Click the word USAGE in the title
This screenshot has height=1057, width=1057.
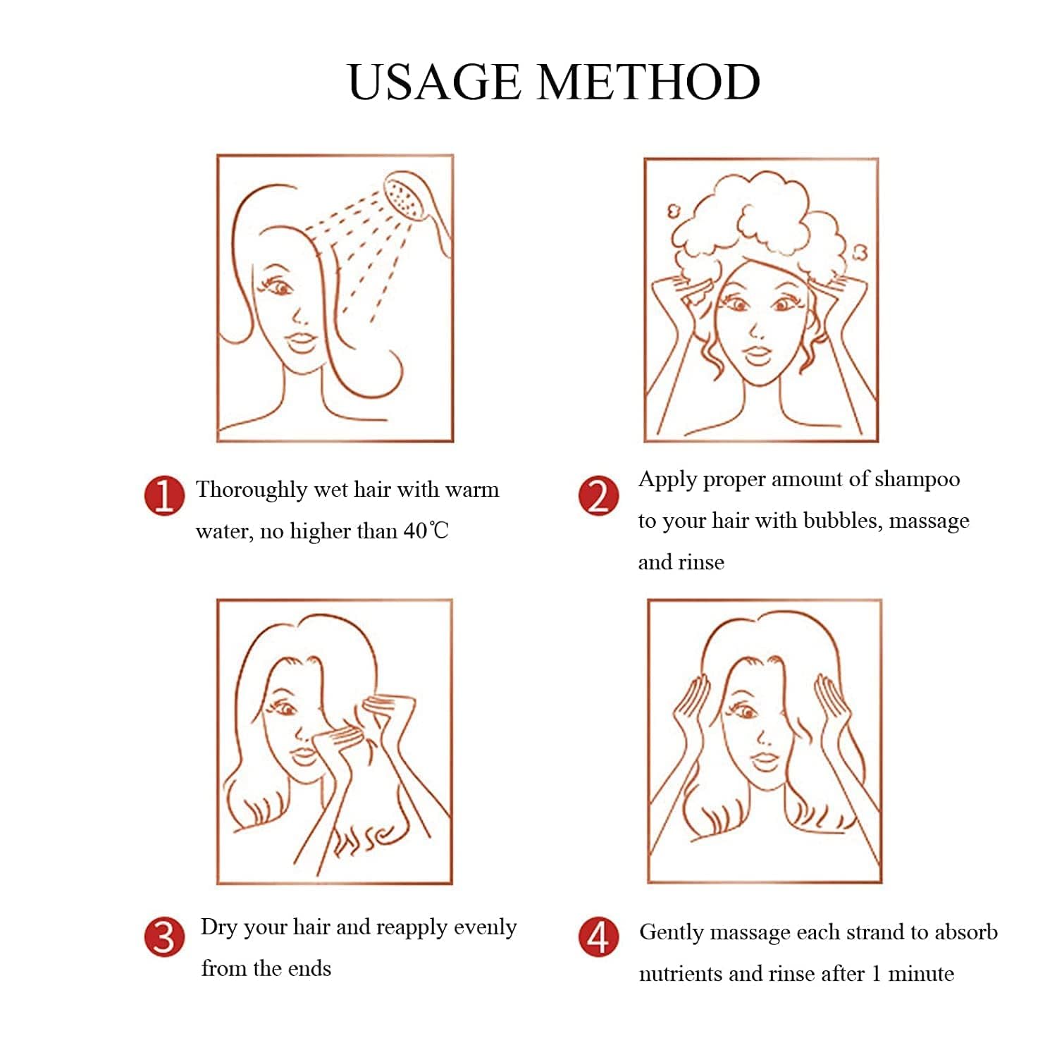tap(434, 82)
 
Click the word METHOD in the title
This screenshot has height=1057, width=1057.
tap(649, 82)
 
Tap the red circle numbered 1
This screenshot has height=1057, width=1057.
tap(164, 495)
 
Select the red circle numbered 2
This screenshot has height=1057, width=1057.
tap(598, 495)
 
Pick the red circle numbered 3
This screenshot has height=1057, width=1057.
tap(164, 937)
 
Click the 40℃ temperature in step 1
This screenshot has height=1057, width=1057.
tap(426, 531)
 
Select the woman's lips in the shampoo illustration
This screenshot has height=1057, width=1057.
tap(758, 353)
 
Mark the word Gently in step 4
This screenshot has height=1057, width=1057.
tap(672, 933)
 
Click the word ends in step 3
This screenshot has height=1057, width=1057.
tap(309, 969)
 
